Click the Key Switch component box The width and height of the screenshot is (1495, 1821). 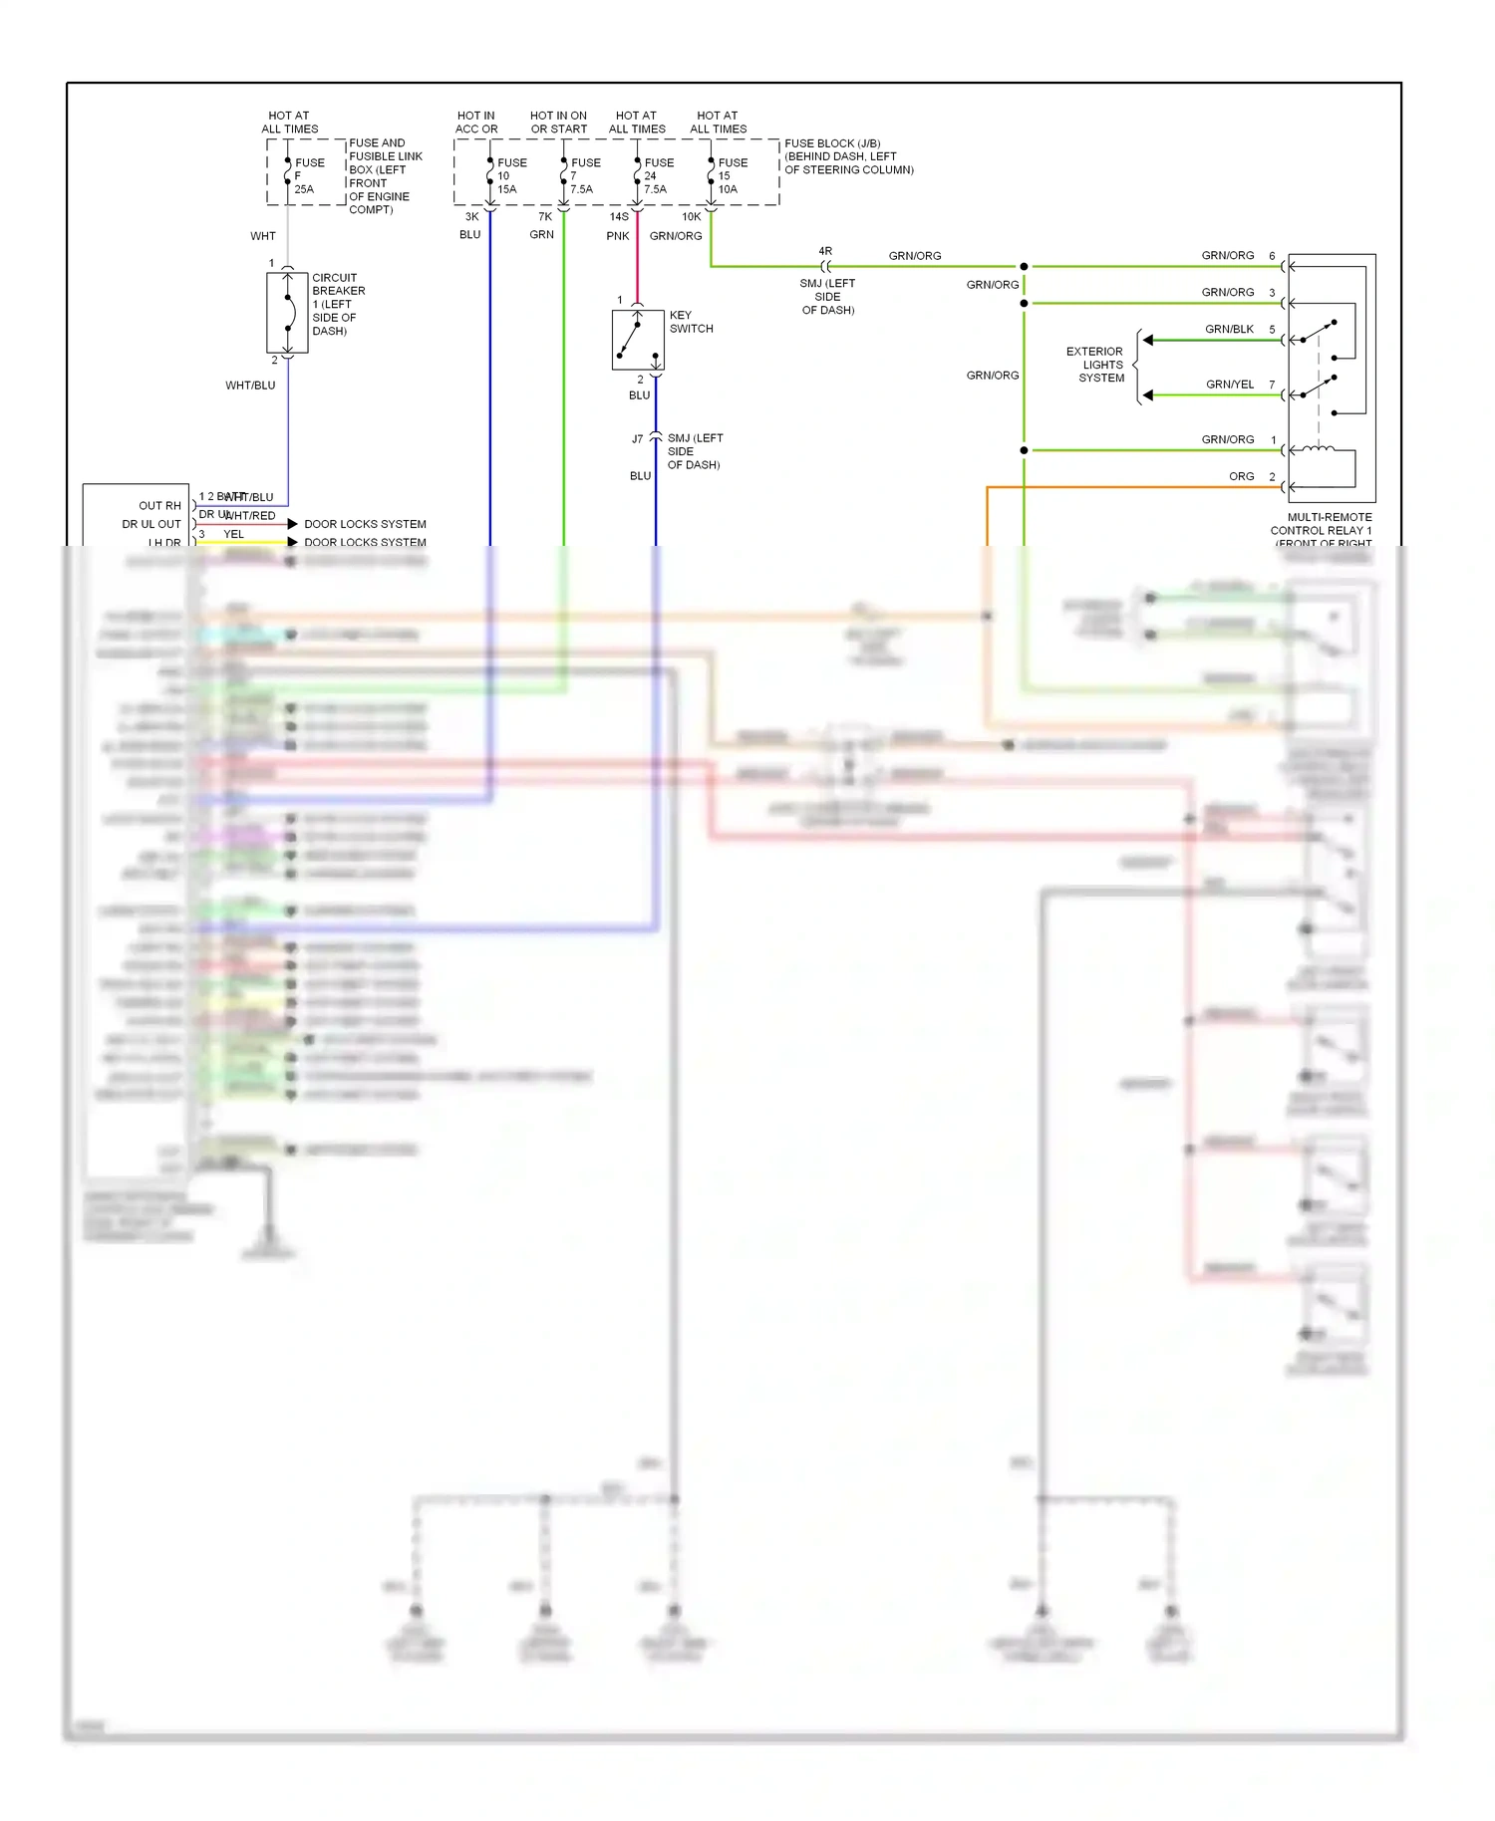638,340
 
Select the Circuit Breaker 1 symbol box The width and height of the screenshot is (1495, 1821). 287,313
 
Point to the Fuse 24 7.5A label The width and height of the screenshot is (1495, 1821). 658,175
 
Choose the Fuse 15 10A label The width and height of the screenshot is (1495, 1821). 732,175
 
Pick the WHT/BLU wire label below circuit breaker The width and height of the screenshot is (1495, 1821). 250,386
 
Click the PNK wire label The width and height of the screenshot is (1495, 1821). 618,236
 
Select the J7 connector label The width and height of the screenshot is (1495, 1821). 638,439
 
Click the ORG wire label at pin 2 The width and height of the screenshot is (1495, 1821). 1241,476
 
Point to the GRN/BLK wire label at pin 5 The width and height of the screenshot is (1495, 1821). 1229,329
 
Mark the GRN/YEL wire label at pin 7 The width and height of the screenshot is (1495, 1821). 1229,384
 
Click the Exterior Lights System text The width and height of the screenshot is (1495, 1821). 1096,365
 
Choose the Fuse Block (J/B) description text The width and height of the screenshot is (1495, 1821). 848,156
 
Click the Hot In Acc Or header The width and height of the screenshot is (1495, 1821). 476,123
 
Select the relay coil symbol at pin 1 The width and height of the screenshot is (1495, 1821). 1318,449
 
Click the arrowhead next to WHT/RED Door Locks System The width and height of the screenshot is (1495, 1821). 293,524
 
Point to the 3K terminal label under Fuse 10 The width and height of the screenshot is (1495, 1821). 471,216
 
